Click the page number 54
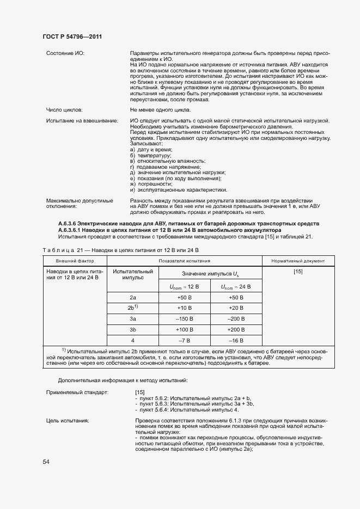[46, 462]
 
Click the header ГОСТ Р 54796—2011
[72, 36]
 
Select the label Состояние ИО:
[65, 53]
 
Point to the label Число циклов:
[64, 110]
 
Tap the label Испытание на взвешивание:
[82, 120]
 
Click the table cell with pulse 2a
[133, 297]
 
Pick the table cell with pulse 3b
[133, 330]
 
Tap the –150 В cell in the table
[186, 319]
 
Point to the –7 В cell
[186, 341]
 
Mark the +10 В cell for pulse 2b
[186, 308]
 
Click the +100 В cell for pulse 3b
[186, 330]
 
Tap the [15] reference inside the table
[298, 271]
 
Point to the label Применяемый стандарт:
[77, 392]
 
